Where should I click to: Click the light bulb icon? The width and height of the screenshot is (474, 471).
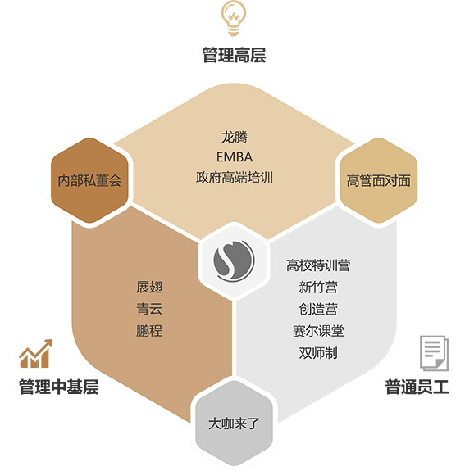pyautogui.click(x=234, y=18)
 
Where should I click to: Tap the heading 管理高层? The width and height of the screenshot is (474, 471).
pyautogui.click(x=234, y=55)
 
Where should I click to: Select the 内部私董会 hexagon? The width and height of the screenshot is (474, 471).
pyautogui.click(x=89, y=180)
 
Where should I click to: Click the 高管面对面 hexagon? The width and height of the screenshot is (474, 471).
pyautogui.click(x=379, y=180)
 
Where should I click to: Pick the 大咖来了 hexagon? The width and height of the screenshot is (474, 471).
pyautogui.click(x=234, y=423)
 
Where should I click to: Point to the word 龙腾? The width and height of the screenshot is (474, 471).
pyautogui.click(x=235, y=137)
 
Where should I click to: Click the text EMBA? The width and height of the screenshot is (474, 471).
pyautogui.click(x=235, y=157)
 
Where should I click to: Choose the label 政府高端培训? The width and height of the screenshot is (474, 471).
pyautogui.click(x=235, y=177)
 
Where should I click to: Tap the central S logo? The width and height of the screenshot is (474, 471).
pyautogui.click(x=234, y=260)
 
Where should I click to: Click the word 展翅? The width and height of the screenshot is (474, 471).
pyautogui.click(x=149, y=287)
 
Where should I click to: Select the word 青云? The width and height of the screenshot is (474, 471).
pyautogui.click(x=149, y=309)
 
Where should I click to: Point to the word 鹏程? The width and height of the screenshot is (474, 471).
pyautogui.click(x=149, y=331)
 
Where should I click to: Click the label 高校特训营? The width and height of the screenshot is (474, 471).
pyautogui.click(x=318, y=265)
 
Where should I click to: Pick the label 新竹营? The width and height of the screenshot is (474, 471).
pyautogui.click(x=318, y=287)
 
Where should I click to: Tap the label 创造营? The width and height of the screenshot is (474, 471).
pyautogui.click(x=318, y=309)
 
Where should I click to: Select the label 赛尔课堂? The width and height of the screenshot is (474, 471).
pyautogui.click(x=318, y=331)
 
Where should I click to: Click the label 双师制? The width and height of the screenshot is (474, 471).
pyautogui.click(x=318, y=353)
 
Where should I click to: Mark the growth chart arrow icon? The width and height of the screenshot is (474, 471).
pyautogui.click(x=35, y=353)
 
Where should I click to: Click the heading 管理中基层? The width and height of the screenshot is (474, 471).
pyautogui.click(x=59, y=387)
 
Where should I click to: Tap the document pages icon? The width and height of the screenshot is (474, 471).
pyautogui.click(x=434, y=353)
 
